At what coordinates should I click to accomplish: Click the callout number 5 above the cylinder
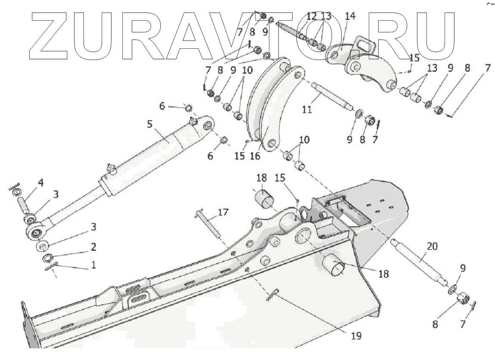tap(149, 124)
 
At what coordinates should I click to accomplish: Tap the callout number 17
tap(223, 212)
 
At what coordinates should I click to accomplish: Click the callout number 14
tap(350, 16)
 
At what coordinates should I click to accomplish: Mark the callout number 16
tap(255, 156)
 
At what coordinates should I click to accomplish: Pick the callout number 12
tap(311, 16)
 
